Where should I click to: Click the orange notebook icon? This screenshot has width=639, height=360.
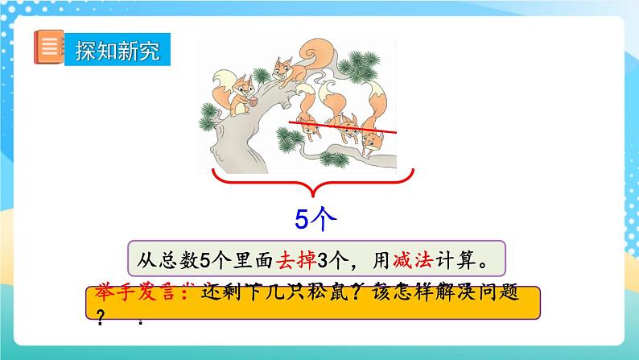point(47,49)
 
